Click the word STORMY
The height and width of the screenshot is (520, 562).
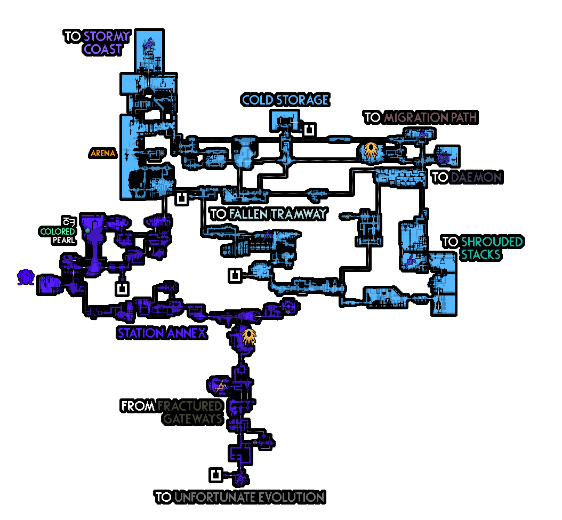106,37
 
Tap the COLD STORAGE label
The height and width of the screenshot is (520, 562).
285,100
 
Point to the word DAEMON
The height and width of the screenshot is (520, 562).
476,177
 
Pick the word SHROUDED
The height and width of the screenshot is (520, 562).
492,242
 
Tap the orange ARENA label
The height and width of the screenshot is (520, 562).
103,154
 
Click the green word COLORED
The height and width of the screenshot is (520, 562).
58,231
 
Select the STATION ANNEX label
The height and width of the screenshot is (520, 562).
162,333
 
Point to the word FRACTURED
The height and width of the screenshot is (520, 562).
189,406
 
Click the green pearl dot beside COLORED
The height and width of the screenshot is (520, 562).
87,231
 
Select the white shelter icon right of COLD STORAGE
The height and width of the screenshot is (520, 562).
309,129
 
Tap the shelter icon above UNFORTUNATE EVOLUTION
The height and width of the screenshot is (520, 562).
216,474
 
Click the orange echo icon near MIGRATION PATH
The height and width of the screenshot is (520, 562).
370,150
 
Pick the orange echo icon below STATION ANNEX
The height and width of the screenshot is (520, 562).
247,336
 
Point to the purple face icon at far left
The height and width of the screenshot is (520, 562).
25,277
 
